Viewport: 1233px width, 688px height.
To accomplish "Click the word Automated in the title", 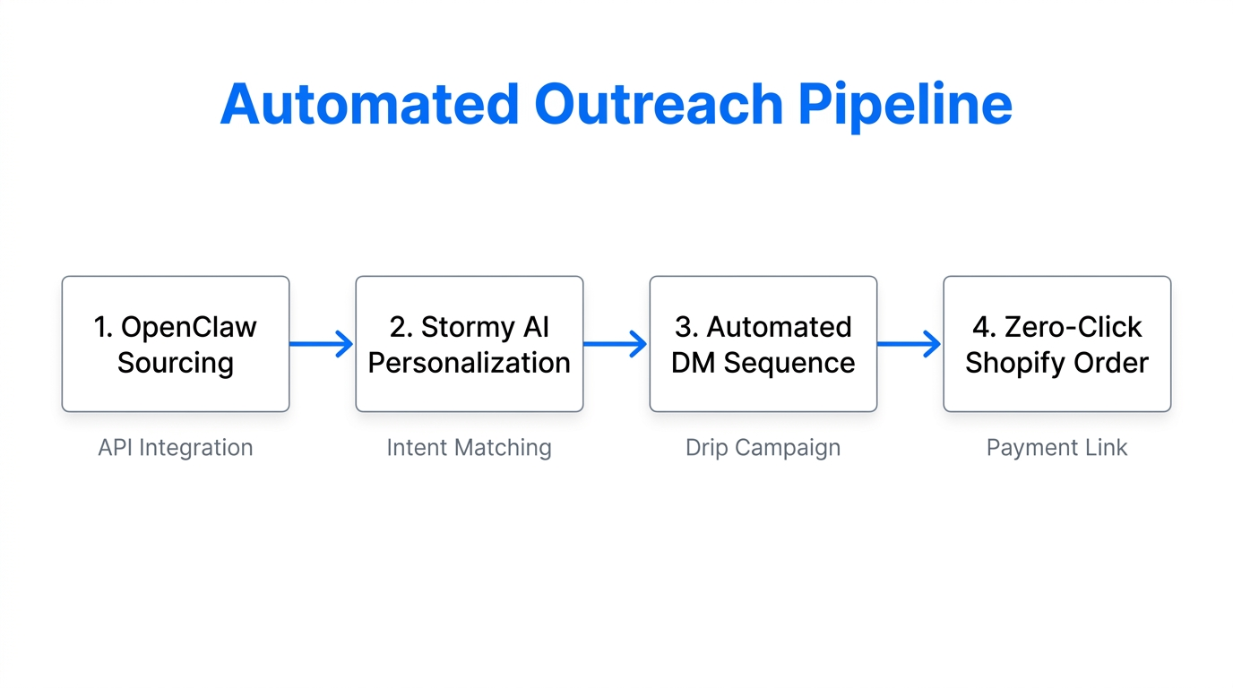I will (x=369, y=104).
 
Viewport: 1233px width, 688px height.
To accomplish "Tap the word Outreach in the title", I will (x=659, y=104).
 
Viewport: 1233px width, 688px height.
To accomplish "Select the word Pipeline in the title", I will (x=905, y=104).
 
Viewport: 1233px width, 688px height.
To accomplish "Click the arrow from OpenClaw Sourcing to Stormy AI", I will (x=322, y=344).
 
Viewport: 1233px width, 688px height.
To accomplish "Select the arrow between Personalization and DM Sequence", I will (x=616, y=344).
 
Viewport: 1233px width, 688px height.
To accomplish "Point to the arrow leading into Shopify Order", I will (x=910, y=344).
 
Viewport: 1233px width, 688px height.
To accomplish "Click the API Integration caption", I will (x=176, y=447).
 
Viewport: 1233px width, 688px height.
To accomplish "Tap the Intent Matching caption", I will (x=469, y=447).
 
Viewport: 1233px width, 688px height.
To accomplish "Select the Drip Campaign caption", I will (x=763, y=447).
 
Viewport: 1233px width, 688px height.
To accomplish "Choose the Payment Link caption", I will (x=1056, y=447).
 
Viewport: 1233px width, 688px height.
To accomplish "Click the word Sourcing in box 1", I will (x=176, y=363).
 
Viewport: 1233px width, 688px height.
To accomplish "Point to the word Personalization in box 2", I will (x=469, y=363).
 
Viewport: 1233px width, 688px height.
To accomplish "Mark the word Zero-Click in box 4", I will (x=1073, y=327).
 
